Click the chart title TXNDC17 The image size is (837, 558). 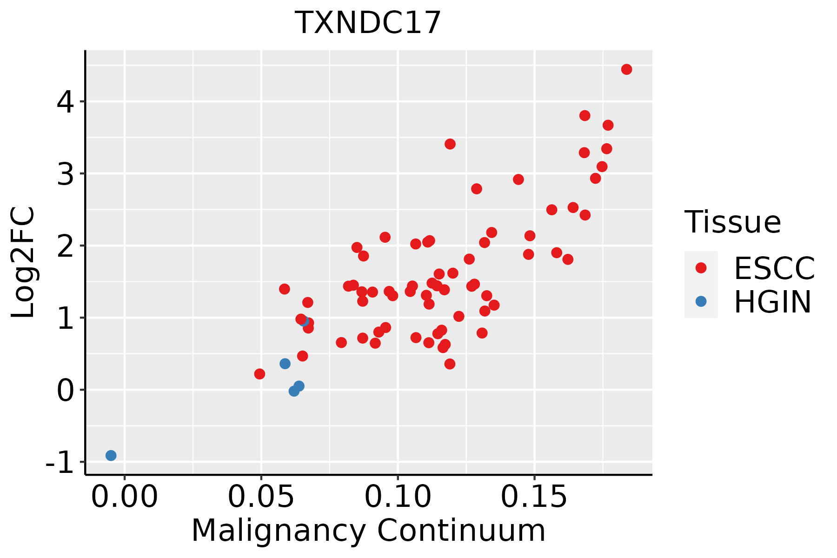[368, 22]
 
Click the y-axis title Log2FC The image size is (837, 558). [23, 263]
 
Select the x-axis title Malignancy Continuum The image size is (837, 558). [368, 531]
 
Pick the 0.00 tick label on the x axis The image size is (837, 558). [125, 497]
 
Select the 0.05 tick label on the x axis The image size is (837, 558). [261, 497]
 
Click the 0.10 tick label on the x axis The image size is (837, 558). [398, 497]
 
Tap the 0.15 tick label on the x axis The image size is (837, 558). [534, 497]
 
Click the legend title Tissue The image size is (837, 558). [733, 222]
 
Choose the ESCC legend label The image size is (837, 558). [774, 268]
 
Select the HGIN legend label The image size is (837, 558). [772, 302]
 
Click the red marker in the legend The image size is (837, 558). [701, 268]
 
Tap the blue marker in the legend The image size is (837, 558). [701, 301]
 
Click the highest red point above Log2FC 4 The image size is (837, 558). [626, 69]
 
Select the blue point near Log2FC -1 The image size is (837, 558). [111, 455]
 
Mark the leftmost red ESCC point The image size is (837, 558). [259, 374]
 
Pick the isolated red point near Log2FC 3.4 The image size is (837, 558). [450, 144]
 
